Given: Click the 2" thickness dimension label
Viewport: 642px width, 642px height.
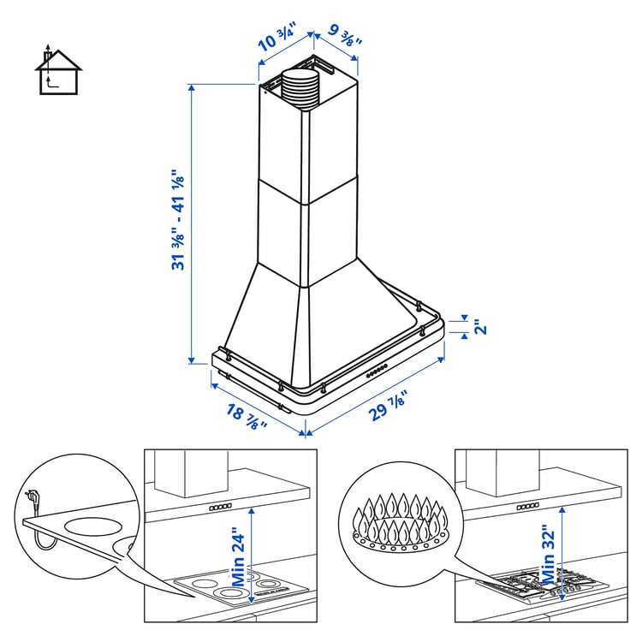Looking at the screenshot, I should click(x=480, y=327).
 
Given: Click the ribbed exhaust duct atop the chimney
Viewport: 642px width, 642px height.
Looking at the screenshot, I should click(x=299, y=89).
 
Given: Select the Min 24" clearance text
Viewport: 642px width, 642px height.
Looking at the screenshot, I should click(x=239, y=547).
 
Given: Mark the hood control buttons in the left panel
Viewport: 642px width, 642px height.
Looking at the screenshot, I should click(x=221, y=507).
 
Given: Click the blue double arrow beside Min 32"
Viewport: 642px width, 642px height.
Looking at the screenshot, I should click(x=562, y=548).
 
